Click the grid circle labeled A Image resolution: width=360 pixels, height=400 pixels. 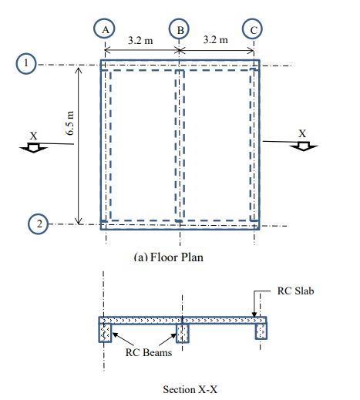coord(104,29)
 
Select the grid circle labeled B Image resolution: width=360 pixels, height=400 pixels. coord(179,29)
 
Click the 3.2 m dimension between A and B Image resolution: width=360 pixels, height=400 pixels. coord(140,40)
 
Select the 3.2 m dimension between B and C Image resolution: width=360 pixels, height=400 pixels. coord(216,40)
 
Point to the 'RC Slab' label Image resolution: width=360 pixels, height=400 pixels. coord(294,292)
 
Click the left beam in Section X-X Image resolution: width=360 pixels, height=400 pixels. coord(106,332)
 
